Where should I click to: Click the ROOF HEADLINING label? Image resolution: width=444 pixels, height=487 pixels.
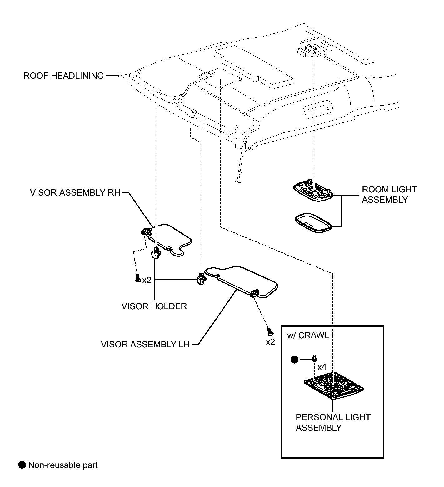[x=64, y=76]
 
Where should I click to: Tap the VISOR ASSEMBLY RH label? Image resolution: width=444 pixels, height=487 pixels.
[x=75, y=192]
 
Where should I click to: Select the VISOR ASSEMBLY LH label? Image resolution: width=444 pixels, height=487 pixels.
[x=145, y=344]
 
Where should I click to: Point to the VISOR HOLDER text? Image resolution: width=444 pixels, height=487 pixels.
[x=154, y=306]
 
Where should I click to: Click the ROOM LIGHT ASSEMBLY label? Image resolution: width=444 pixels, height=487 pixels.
[x=389, y=194]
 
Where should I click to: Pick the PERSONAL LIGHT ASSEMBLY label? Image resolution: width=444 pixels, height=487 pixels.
[x=333, y=422]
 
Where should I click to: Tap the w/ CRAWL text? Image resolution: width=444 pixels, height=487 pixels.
[x=308, y=335]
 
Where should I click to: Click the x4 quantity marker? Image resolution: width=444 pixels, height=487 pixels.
[x=322, y=367]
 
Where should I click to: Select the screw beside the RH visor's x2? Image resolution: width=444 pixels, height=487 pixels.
[x=137, y=278]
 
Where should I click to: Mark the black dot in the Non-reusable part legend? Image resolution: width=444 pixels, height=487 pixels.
[x=22, y=465]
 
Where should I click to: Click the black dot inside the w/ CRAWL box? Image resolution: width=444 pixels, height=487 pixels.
[x=294, y=360]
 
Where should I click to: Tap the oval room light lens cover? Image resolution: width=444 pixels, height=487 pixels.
[x=313, y=223]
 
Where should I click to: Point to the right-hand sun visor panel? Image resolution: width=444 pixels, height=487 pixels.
[x=167, y=239]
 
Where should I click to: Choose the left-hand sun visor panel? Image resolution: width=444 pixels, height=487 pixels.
[x=241, y=281]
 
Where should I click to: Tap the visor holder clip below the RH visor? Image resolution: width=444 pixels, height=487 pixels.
[x=156, y=252]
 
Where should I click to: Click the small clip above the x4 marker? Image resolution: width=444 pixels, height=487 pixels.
[x=314, y=358]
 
